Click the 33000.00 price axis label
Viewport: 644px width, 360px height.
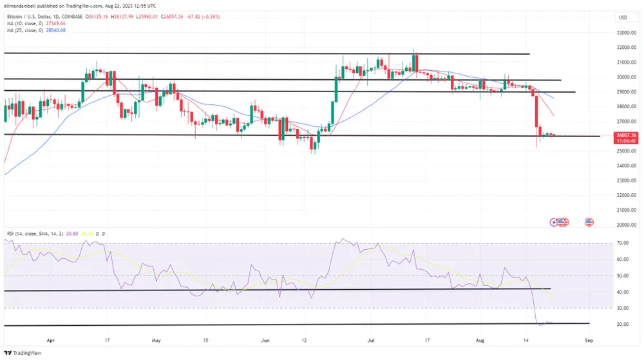tap(627, 32)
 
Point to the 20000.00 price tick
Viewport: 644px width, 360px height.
tap(627, 225)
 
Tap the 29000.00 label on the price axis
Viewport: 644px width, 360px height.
tap(627, 91)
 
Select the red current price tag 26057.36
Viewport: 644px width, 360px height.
tap(627, 135)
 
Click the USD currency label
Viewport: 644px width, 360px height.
tap(623, 17)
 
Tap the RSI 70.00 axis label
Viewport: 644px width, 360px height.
tap(623, 243)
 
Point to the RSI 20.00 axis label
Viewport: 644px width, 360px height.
tap(623, 325)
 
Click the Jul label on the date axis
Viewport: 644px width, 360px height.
tap(371, 337)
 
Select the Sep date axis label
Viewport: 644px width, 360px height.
tap(587, 337)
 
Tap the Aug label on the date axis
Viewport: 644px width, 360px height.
tap(480, 337)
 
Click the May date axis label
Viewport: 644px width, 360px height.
tap(156, 337)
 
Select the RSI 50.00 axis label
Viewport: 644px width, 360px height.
tap(623, 276)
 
